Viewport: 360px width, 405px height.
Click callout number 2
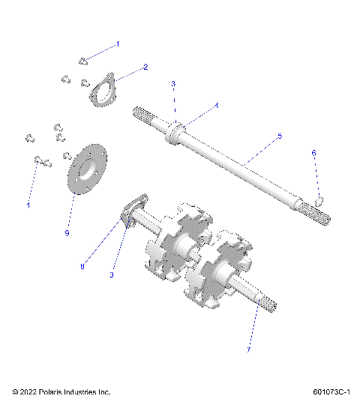[145, 67]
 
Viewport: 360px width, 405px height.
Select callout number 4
[216, 106]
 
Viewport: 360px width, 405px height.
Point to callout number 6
[313, 153]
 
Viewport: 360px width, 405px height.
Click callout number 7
[248, 349]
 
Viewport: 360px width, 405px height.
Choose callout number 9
[67, 233]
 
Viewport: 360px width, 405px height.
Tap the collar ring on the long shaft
[176, 134]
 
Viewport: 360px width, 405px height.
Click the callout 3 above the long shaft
[172, 84]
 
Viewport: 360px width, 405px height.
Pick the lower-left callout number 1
[29, 205]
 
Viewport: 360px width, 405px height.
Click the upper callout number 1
[117, 44]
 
